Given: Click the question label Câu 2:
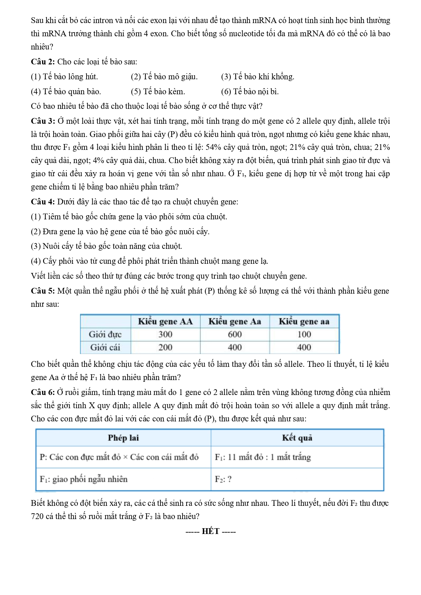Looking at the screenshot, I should [43, 62].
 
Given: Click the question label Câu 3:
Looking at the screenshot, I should [43, 121].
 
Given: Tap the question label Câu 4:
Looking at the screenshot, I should [43, 202].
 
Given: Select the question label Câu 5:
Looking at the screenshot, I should [43, 291].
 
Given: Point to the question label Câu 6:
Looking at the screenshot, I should [43, 392].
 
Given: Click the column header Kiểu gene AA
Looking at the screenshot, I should [165, 321].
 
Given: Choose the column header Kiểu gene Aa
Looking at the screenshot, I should [235, 321].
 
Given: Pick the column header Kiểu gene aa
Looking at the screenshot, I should [304, 321].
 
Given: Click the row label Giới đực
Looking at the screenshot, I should [105, 334].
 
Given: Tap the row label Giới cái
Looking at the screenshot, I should [105, 347].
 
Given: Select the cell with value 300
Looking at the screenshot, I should [165, 334].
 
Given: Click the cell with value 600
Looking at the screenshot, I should [235, 334].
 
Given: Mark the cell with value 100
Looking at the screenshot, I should [304, 334].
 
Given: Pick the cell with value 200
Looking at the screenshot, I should [165, 347].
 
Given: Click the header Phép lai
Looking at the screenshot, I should [123, 438].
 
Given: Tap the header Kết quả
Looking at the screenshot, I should [297, 438].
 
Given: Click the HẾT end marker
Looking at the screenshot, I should [211, 531].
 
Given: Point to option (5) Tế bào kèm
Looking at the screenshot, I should [158, 92].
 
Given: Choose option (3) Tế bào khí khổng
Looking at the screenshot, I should [257, 77].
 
